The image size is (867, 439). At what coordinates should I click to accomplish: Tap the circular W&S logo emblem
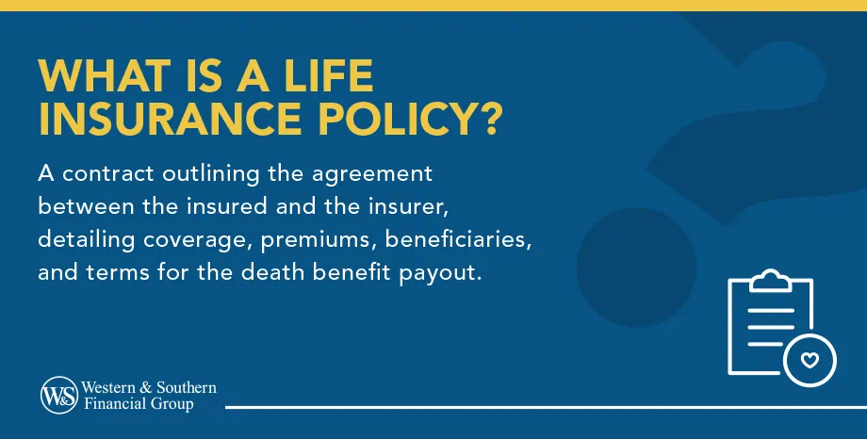pyautogui.click(x=58, y=396)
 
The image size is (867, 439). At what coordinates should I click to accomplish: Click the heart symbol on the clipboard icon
pyautogui.click(x=810, y=360)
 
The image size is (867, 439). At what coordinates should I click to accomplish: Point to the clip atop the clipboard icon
pyautogui.click(x=770, y=279)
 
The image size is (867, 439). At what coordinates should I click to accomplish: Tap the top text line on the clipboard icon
pyautogui.click(x=770, y=306)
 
